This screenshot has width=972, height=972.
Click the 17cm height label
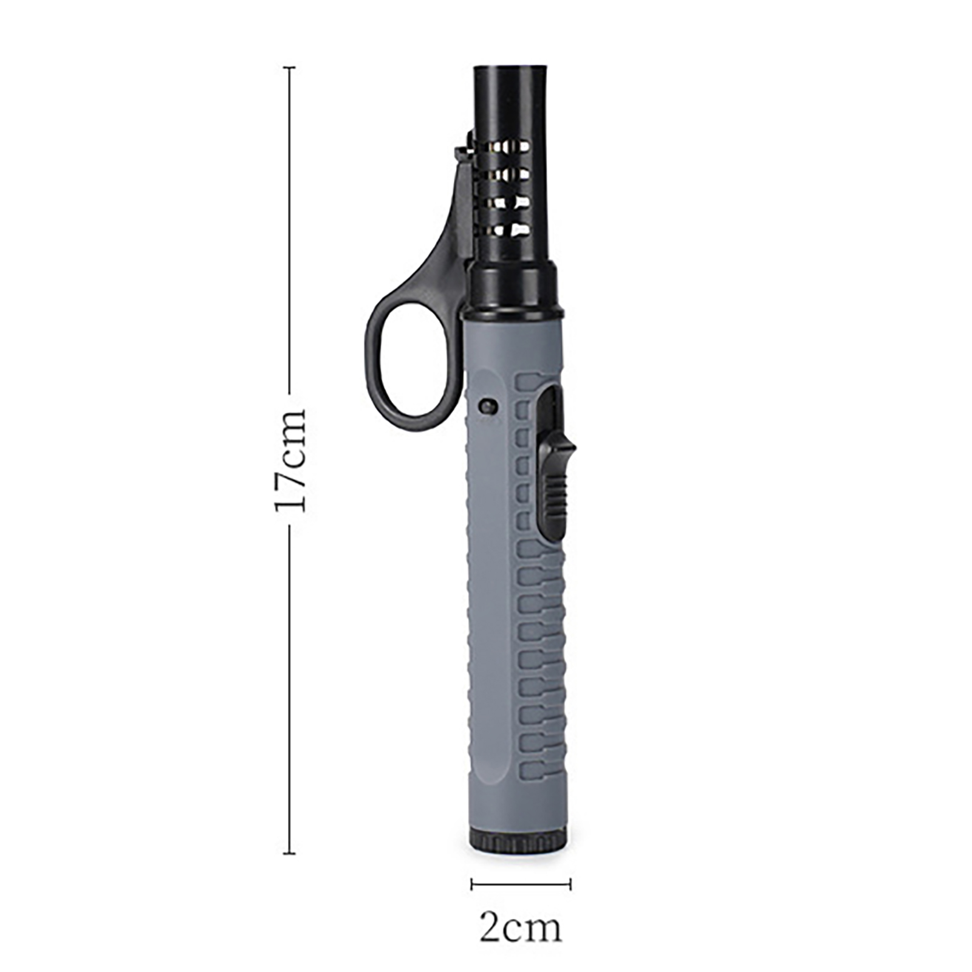[x=290, y=460]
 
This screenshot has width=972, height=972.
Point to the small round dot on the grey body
[x=487, y=405]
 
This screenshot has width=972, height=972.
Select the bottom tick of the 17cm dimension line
[x=290, y=854]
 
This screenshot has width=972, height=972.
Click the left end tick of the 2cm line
[x=472, y=884]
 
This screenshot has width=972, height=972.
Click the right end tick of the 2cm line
[x=570, y=884]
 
